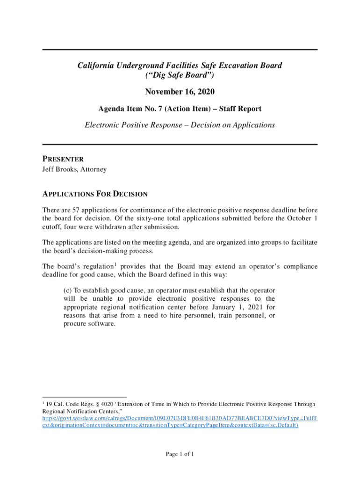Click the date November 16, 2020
pos(180,92)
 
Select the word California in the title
pos(97,66)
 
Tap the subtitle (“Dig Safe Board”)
pos(180,75)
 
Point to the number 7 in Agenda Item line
pos(158,109)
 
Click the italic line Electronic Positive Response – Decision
pos(180,125)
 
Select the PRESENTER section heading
pos(63,159)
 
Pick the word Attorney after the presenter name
pos(94,169)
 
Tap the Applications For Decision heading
pos(95,194)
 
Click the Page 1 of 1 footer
pos(180,454)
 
